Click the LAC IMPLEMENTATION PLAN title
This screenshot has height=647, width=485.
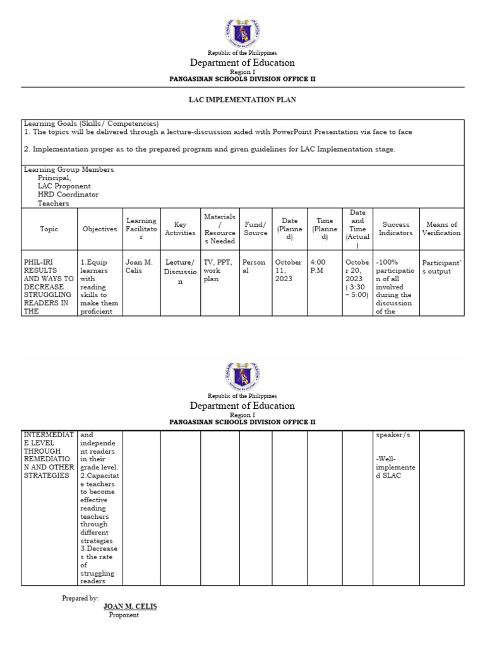click(243, 100)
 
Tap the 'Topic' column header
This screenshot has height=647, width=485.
click(49, 229)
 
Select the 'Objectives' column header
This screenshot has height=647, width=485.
click(100, 229)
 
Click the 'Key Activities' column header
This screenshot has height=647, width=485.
click(180, 229)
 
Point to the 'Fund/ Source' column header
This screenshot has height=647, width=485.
click(256, 229)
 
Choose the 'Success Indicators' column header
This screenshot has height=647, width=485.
click(396, 229)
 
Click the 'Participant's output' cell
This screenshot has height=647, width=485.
click(442, 266)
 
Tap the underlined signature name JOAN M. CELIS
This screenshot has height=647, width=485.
click(130, 607)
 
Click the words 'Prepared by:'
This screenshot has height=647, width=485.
click(80, 598)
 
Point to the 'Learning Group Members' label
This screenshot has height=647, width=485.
click(69, 170)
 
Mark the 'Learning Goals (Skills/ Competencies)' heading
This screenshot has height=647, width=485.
click(91, 124)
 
